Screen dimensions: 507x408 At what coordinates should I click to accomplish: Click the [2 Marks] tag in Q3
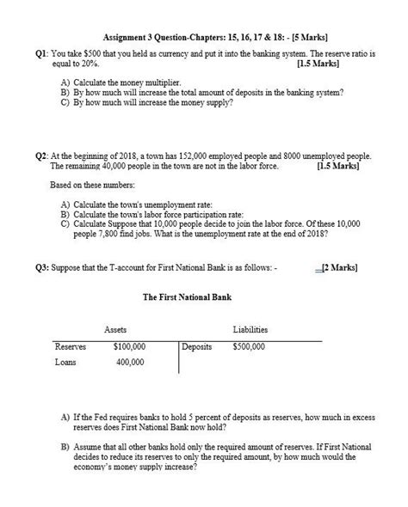pyautogui.click(x=338, y=267)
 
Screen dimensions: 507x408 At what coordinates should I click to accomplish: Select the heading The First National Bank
pyautogui.click(x=188, y=298)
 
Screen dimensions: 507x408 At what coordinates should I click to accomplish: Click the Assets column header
pyautogui.click(x=115, y=329)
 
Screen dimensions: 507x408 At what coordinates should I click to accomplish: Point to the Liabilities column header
pyautogui.click(x=250, y=329)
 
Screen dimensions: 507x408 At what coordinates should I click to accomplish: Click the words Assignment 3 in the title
pyautogui.click(x=129, y=38)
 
